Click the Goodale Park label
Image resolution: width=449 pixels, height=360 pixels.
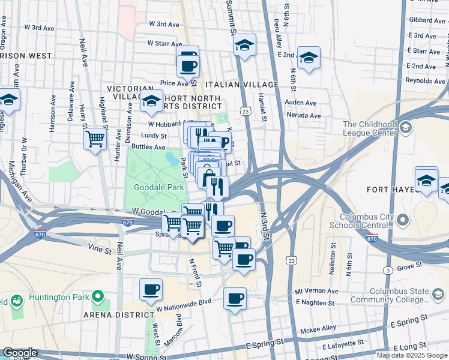(x=157, y=187)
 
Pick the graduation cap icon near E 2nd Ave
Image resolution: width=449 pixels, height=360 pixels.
(x=309, y=58)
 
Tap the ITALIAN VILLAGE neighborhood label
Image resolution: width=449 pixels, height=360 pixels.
(x=241, y=85)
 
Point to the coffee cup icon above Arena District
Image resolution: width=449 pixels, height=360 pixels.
(x=151, y=290)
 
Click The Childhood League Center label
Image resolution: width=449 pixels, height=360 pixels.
(x=370, y=128)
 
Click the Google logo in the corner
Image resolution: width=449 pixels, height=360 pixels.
(x=20, y=353)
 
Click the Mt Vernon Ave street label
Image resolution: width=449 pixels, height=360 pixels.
(x=318, y=290)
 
